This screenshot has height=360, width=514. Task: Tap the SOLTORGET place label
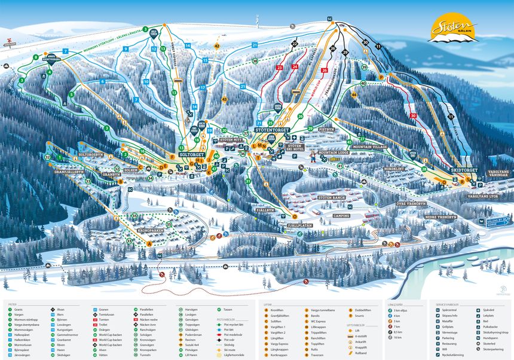(x=192, y=154)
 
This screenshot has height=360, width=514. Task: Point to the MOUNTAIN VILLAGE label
(x=370, y=147)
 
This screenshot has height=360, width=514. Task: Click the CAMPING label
(x=341, y=215)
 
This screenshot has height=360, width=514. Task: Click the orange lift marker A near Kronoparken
(x=149, y=243)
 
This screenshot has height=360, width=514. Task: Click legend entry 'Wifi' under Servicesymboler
(x=447, y=350)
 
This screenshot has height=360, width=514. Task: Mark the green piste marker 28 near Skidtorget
(x=424, y=169)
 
